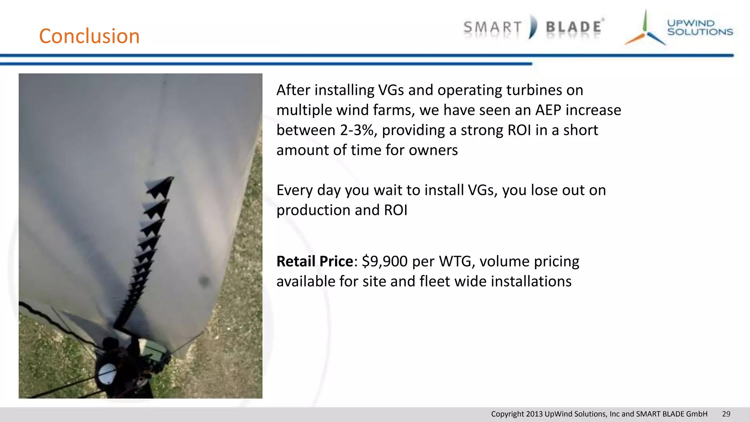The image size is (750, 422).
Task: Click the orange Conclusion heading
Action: [89, 36]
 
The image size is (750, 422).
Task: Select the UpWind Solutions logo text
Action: [699, 28]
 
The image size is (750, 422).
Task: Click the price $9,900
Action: [385, 262]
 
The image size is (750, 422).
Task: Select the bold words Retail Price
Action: [315, 262]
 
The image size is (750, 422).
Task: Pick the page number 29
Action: [726, 414]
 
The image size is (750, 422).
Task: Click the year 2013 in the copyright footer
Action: [534, 414]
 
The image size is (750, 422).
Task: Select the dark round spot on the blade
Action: [204, 281]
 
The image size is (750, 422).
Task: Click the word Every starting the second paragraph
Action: [294, 190]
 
